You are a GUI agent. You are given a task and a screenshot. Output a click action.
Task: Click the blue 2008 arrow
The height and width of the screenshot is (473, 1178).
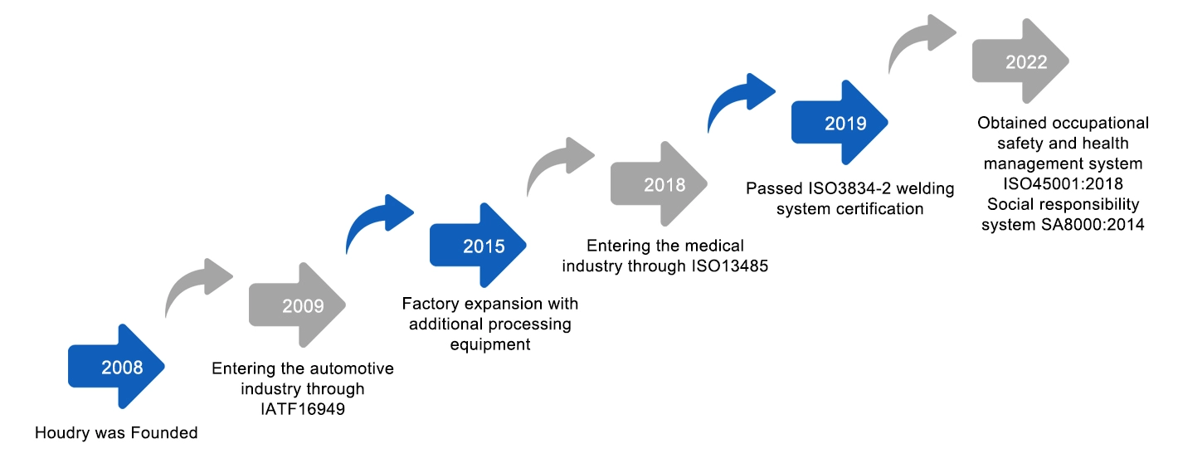[x=116, y=366]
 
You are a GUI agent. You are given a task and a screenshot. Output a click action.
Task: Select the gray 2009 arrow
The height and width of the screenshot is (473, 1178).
[x=297, y=305]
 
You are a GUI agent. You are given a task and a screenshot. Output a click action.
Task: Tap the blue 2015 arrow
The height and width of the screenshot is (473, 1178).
[x=478, y=245]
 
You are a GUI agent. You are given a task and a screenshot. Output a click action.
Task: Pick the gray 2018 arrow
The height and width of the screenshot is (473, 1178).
[x=659, y=183]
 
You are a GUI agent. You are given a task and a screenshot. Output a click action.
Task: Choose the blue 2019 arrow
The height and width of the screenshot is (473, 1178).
[x=840, y=122]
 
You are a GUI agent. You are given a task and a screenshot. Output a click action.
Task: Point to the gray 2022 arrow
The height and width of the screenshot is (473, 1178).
[x=1020, y=61]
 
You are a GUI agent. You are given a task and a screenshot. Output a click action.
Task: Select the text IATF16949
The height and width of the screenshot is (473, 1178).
[x=303, y=409]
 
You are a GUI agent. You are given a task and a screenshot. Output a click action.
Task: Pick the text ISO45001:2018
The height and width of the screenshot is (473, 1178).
[x=1063, y=183]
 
